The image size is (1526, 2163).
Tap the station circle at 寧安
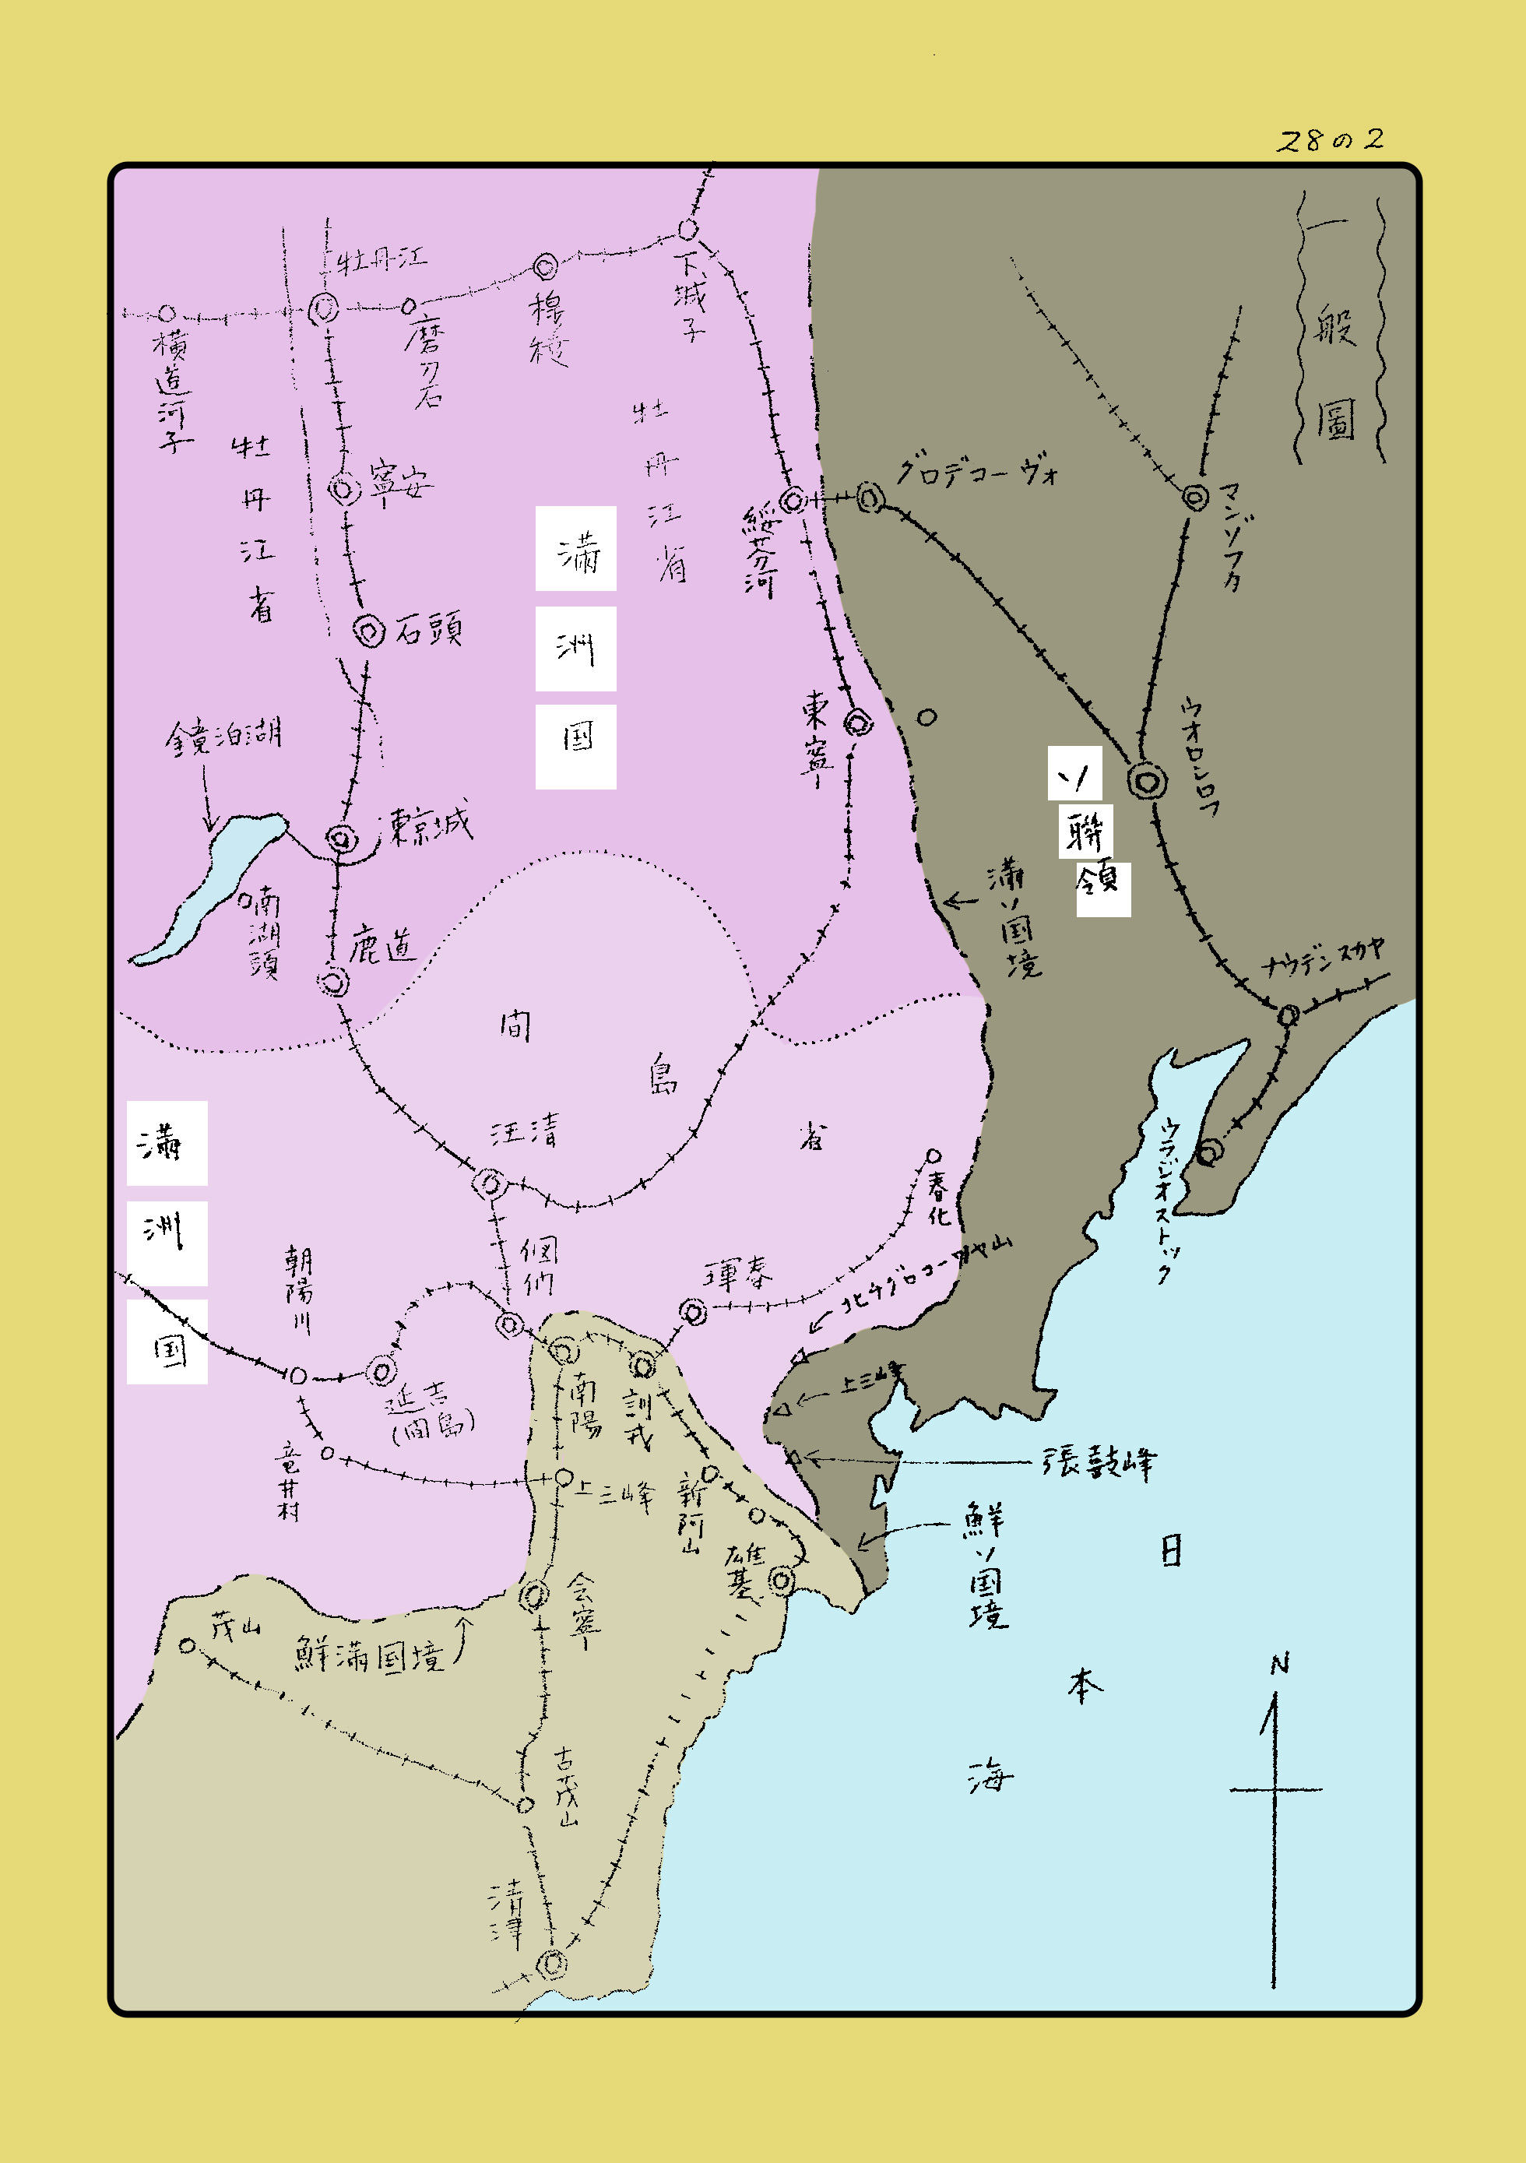tap(345, 489)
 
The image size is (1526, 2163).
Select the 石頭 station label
tap(428, 628)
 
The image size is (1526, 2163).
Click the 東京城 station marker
tap(341, 838)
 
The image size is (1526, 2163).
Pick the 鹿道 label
tap(381, 945)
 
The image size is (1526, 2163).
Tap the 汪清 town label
tap(525, 1130)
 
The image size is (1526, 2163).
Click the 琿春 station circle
tap(693, 1311)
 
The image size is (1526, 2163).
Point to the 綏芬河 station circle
tap(794, 500)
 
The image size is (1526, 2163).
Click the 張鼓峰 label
tap(1099, 1462)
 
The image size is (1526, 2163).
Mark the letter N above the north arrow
tap(1279, 1665)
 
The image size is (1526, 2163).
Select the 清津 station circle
tap(552, 1964)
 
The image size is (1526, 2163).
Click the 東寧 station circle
tap(857, 723)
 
